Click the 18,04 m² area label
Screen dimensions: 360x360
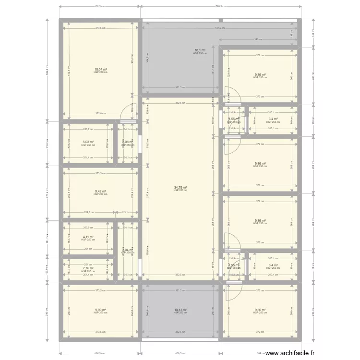pyautogui.click(x=100, y=69)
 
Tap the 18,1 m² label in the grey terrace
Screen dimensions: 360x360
pyautogui.click(x=200, y=50)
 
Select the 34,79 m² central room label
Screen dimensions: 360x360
pyautogui.click(x=180, y=188)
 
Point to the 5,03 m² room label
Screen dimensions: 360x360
pyautogui.click(x=88, y=142)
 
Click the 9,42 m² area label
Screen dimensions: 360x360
pyautogui.click(x=100, y=191)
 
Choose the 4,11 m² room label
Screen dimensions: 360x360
pyautogui.click(x=88, y=237)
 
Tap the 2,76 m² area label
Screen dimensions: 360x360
pyautogui.click(x=88, y=268)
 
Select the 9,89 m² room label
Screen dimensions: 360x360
pyautogui.click(x=100, y=310)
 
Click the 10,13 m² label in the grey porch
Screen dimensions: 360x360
pyautogui.click(x=180, y=310)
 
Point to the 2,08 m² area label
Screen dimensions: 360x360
pyautogui.click(x=126, y=142)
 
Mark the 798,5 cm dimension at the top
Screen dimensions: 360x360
pyautogui.click(x=221, y=7)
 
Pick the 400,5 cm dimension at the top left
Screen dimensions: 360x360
pyautogui.click(x=100, y=7)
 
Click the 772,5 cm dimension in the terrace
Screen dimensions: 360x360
pyautogui.click(x=219, y=28)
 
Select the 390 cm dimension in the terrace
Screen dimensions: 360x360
pyautogui.click(x=257, y=39)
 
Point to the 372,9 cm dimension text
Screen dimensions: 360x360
pyautogui.click(x=100, y=113)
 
